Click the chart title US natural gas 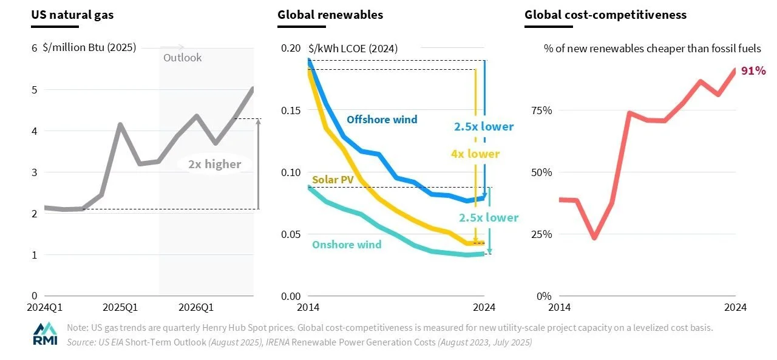click(x=73, y=15)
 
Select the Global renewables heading click(x=330, y=15)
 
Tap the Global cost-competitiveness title click(x=605, y=15)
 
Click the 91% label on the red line click(x=752, y=71)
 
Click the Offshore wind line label click(x=382, y=120)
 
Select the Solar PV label click(x=333, y=180)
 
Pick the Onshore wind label click(x=347, y=245)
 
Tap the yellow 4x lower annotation click(x=475, y=154)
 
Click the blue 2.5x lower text click(x=484, y=127)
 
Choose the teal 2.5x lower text click(x=489, y=217)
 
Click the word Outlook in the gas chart click(x=182, y=58)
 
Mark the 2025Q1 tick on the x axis click(x=120, y=307)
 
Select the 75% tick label click(x=541, y=110)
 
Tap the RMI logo click(x=45, y=333)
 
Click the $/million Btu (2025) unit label click(x=89, y=48)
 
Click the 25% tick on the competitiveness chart click(x=541, y=234)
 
